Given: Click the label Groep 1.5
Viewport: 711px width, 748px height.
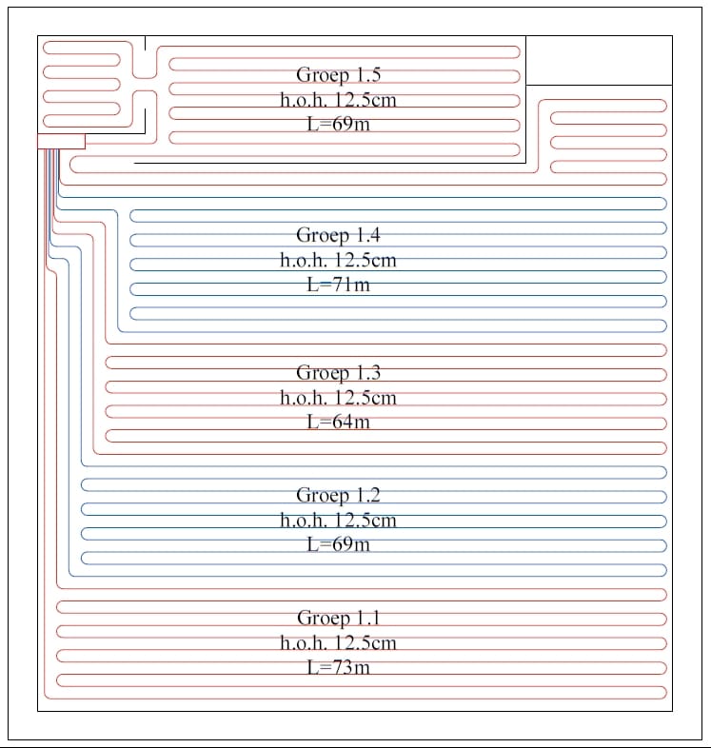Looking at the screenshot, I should (x=339, y=75).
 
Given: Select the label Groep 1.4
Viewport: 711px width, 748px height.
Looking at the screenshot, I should (x=339, y=235).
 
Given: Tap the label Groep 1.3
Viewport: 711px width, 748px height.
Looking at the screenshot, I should (x=339, y=373).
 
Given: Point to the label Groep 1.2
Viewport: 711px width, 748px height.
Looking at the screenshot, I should (x=339, y=495).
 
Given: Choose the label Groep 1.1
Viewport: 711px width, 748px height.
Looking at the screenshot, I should (x=339, y=619).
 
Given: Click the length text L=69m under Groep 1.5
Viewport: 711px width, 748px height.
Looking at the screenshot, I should (x=339, y=124).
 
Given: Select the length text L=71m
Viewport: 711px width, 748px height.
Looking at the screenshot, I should (x=339, y=284).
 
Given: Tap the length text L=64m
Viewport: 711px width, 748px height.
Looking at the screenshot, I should (x=339, y=422).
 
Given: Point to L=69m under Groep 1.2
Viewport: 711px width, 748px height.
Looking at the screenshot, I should (x=339, y=544).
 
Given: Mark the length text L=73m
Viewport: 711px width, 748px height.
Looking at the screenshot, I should (x=339, y=667).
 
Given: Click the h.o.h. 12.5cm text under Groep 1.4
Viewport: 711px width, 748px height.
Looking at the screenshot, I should (x=339, y=259).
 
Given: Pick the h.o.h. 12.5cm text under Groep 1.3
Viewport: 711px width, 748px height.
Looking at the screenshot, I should (x=339, y=397).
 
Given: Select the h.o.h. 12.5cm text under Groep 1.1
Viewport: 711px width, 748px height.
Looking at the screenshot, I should (x=339, y=642).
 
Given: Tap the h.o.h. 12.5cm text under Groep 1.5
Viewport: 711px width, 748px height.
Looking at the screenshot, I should (x=339, y=99).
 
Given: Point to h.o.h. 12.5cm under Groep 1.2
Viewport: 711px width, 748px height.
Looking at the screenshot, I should (x=339, y=520).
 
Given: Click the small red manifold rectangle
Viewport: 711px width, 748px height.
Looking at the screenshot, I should (x=61, y=142).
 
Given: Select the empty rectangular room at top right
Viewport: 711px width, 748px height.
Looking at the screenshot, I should (x=599, y=61).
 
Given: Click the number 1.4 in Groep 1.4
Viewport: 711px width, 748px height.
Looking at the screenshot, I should (x=366, y=235).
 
